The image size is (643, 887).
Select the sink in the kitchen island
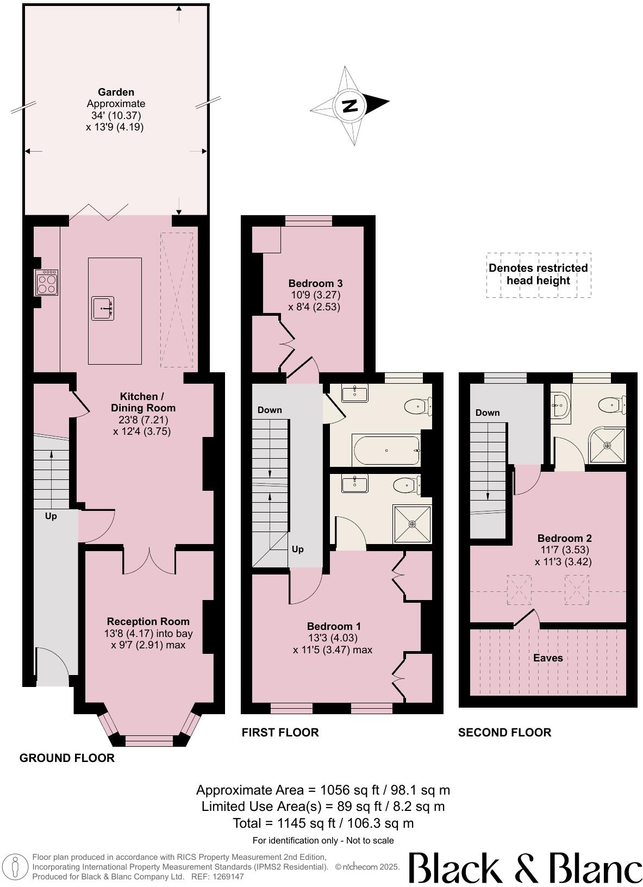[x=102, y=308]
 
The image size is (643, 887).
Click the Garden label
[x=116, y=92]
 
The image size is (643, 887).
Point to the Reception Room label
[x=148, y=621]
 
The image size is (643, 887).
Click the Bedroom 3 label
[x=315, y=283]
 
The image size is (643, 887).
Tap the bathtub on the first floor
[x=386, y=451]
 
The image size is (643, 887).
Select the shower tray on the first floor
[x=413, y=524]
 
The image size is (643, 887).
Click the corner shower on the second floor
[x=608, y=445]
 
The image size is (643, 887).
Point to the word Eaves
[x=548, y=658]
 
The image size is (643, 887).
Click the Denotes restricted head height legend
[x=538, y=274]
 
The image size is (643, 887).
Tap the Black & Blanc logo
[x=525, y=867]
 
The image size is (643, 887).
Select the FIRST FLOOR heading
[x=280, y=732]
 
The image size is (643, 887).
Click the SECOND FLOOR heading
[x=504, y=732]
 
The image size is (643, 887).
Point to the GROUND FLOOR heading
[x=67, y=758]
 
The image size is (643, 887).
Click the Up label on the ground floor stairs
[x=51, y=516]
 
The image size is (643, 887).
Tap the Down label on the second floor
[x=488, y=413]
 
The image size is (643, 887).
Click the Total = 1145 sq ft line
[x=323, y=823]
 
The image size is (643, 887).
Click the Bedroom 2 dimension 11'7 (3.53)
[x=563, y=550]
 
